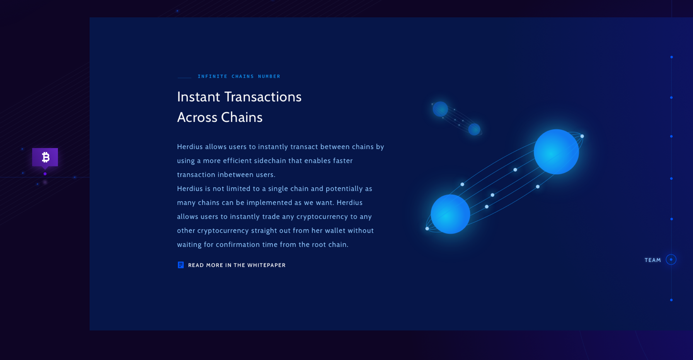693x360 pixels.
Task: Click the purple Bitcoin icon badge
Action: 45,157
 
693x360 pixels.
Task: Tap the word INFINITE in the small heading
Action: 212,76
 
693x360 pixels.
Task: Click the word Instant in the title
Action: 198,97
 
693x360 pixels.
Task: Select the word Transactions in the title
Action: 263,97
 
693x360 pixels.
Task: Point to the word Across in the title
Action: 197,117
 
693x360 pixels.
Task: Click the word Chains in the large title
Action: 242,117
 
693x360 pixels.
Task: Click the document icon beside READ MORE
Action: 181,265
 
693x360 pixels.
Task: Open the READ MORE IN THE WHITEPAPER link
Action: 237,265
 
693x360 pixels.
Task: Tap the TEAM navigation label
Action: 653,260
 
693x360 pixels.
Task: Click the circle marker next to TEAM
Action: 671,259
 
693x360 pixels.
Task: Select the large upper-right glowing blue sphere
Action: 556,152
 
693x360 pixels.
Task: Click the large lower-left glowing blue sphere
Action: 450,214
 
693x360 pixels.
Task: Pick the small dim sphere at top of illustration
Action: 440,108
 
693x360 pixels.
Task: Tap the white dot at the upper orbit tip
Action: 582,136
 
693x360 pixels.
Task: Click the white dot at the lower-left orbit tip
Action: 427,229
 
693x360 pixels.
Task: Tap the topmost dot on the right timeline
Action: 671,57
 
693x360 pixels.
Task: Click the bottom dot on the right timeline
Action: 671,300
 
